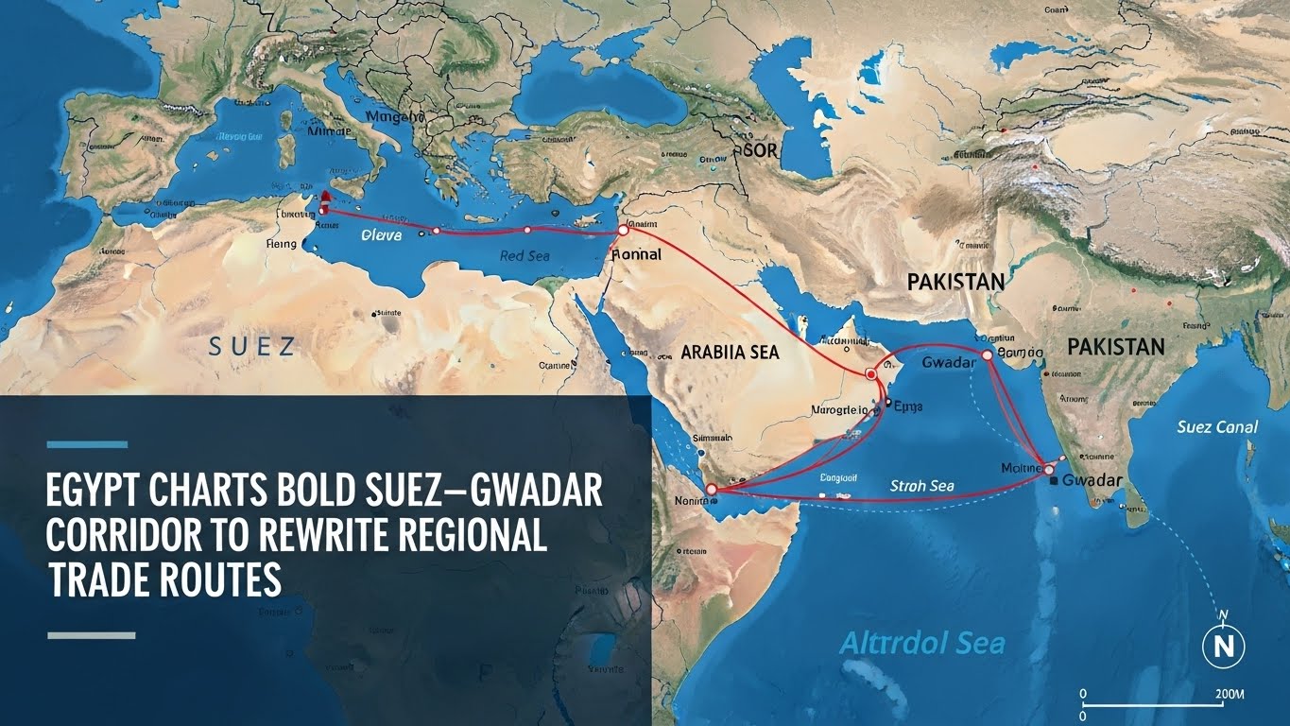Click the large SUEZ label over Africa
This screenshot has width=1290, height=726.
tap(251, 346)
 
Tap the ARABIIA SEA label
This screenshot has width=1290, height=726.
tap(730, 352)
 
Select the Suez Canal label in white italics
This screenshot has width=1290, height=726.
tap(1217, 427)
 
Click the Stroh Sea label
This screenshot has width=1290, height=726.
tap(922, 486)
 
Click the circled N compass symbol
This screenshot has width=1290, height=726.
tap(1223, 646)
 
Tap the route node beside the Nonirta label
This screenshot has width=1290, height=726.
tap(712, 490)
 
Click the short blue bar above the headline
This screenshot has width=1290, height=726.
tap(86, 443)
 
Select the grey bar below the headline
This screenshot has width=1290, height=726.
tap(91, 635)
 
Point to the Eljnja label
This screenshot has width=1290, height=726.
tap(907, 406)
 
